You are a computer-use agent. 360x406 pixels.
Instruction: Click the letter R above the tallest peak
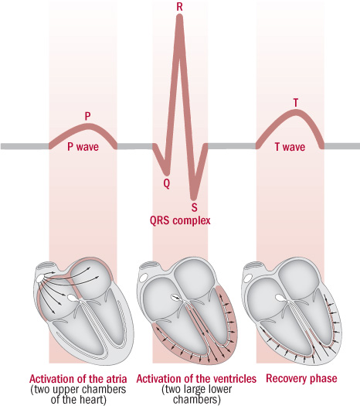point(179,6)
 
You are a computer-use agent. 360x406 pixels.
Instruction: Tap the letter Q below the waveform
point(167,184)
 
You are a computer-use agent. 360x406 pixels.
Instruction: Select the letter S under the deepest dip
point(194,207)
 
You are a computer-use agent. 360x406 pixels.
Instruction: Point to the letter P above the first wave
point(87,116)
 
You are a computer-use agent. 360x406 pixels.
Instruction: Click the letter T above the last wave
point(296,103)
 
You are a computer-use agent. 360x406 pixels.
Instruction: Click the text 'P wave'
point(83,147)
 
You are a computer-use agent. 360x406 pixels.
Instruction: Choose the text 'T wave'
point(290,147)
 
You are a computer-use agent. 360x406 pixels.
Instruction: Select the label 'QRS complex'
point(180,221)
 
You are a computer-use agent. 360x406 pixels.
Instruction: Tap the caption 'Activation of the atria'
point(78,379)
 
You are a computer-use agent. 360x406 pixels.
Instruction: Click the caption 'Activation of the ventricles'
point(196,379)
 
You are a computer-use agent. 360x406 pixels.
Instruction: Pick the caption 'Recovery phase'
point(301,379)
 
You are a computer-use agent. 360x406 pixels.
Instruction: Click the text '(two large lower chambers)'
point(196,394)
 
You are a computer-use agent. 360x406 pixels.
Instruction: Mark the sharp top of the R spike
point(179,15)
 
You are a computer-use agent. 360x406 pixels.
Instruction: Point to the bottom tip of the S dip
point(194,199)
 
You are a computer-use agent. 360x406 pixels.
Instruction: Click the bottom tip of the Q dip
point(167,173)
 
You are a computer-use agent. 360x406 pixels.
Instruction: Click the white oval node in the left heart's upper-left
point(39,278)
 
